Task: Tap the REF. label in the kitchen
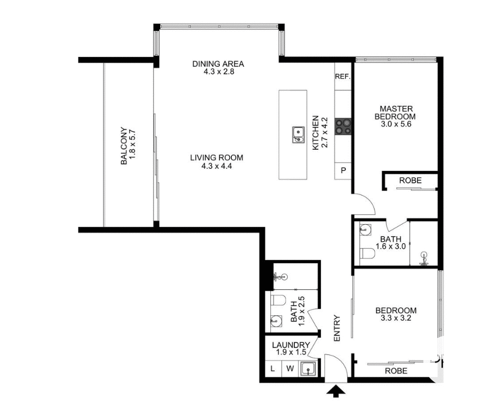(343, 77)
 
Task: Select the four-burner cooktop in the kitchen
(343, 126)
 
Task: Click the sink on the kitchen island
(298, 134)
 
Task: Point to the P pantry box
(343, 171)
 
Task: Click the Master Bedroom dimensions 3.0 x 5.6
(397, 124)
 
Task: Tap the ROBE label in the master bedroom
(410, 180)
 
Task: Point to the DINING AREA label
(218, 64)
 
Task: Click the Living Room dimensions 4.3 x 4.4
(217, 166)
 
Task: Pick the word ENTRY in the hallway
(337, 328)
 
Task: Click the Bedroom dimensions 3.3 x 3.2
(396, 319)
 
